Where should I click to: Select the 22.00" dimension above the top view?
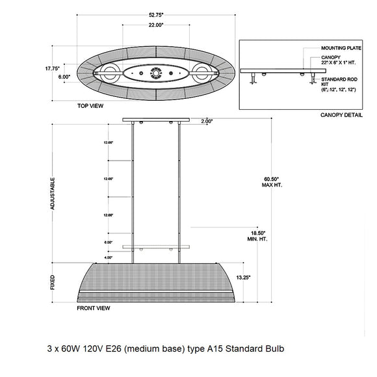pos(154,25)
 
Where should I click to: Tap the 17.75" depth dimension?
pos(53,67)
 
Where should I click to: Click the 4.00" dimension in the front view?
pos(108,257)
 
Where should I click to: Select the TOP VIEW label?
pos(92,105)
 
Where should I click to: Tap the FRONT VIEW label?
pos(94,310)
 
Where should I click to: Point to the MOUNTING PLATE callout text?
pos(341,48)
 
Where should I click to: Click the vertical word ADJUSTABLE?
pos(53,193)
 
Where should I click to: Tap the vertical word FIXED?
pos(53,281)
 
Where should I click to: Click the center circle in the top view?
pos(155,73)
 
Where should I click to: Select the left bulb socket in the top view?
pos(109,73)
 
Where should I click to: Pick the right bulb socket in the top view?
pos(201,73)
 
